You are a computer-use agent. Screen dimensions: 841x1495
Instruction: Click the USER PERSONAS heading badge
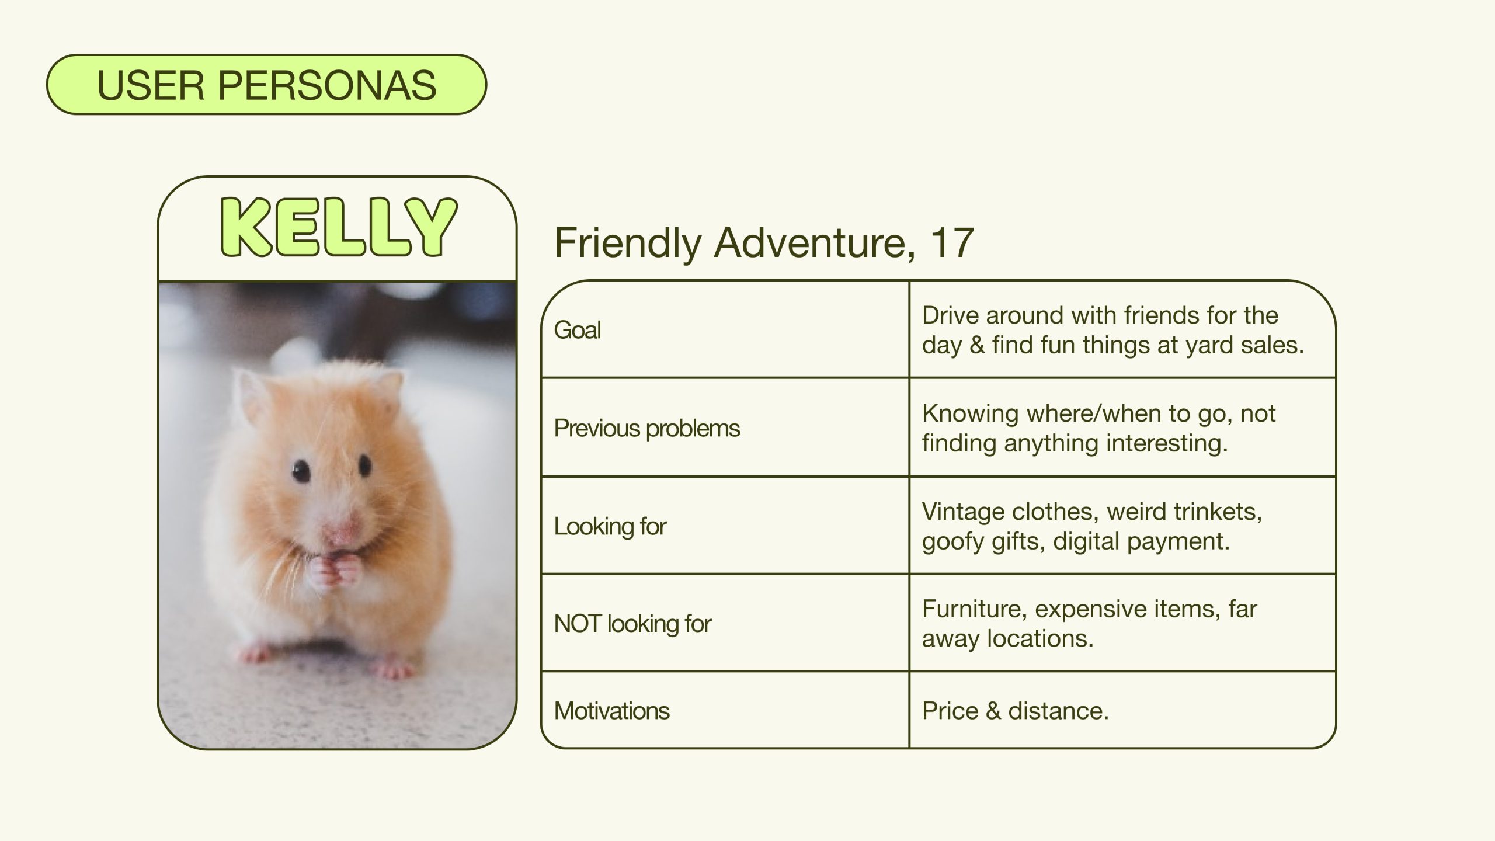coord(266,85)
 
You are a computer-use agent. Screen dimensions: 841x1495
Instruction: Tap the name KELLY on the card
coord(338,228)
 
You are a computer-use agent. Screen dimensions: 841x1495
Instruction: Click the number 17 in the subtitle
coord(953,243)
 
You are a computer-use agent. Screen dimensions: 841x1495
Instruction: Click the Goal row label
coord(577,330)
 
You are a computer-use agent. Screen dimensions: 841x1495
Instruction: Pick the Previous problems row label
coord(646,428)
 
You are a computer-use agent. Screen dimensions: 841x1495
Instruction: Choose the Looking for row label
coord(610,526)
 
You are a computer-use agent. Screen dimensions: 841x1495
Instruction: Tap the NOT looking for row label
coord(632,624)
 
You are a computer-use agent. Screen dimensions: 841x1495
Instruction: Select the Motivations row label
coord(611,711)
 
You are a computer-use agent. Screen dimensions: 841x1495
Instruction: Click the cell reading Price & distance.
coord(1015,711)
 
